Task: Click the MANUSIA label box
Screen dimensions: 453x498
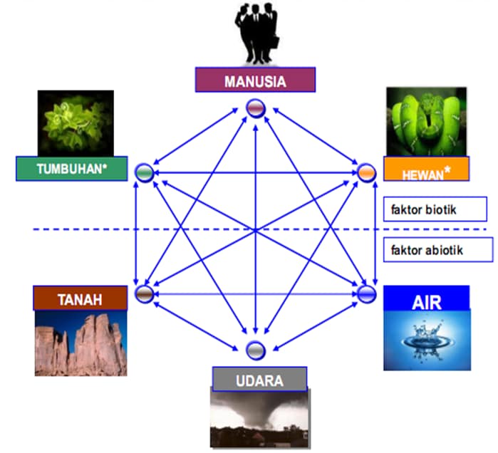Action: point(255,80)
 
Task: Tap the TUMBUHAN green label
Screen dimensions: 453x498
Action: point(71,169)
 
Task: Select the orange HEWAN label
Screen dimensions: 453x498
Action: point(426,169)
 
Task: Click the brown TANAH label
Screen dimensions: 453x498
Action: point(80,298)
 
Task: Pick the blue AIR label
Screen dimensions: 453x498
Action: point(426,298)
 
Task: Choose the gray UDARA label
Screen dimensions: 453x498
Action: point(259,380)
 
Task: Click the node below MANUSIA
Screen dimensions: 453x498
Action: point(256,108)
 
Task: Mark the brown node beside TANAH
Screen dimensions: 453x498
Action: point(145,293)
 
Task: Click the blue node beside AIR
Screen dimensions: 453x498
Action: point(366,293)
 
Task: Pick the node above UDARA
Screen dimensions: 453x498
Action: point(255,350)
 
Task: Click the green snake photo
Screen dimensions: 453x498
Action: point(425,121)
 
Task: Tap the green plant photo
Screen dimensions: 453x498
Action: point(76,123)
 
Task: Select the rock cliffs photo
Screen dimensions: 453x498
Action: point(80,343)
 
